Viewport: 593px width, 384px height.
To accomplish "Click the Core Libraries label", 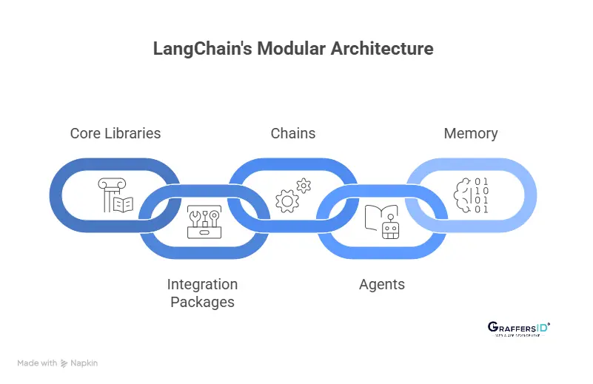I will point(115,134).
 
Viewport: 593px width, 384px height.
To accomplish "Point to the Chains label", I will point(293,134).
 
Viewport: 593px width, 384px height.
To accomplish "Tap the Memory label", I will point(471,134).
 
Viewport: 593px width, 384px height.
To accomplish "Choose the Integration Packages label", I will point(202,293).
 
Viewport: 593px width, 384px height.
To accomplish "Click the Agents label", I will point(382,285).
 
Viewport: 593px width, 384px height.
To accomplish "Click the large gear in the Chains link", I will point(287,201).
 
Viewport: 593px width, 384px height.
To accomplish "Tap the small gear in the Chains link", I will point(304,186).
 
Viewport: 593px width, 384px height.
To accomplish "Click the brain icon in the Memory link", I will point(462,195).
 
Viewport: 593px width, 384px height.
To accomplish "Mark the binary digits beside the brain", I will point(482,195).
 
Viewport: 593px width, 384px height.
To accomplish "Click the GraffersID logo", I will point(518,329).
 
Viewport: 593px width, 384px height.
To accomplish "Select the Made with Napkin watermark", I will point(58,363).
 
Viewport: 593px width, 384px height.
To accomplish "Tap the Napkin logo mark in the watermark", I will point(64,363).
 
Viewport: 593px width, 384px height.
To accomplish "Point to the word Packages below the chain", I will point(202,302).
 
